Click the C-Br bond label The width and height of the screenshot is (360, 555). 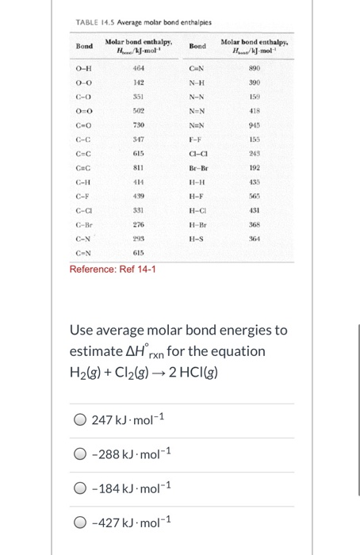[84, 226]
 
